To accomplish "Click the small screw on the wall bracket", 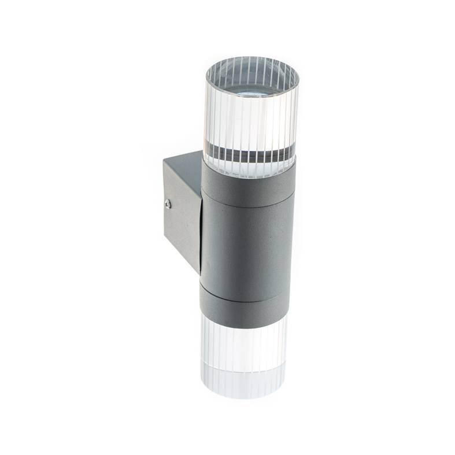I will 168,204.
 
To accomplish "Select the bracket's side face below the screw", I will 180,231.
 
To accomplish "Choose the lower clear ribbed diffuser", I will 243,347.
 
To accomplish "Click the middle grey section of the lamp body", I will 246,243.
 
